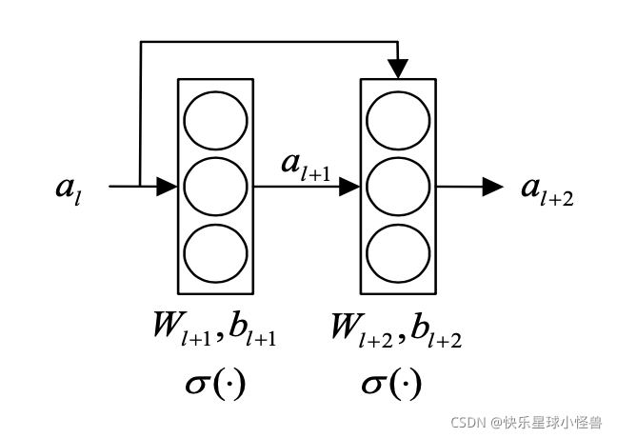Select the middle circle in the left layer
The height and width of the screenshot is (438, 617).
[215, 187]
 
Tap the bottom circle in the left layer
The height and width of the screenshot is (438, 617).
[215, 251]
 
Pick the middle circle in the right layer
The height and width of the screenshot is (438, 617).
[398, 187]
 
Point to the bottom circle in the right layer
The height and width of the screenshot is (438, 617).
[398, 251]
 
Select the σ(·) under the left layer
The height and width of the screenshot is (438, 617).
[212, 385]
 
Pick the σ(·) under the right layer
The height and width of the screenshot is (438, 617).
[391, 385]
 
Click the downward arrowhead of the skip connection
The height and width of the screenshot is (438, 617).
[398, 69]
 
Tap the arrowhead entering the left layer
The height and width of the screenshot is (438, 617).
[168, 187]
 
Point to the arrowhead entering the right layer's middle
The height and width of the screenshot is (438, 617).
[350, 187]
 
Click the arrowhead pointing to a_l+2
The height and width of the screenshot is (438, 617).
[492, 187]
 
